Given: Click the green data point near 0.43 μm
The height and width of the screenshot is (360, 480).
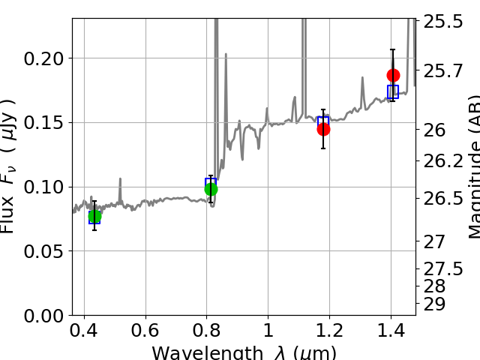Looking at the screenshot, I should pyautogui.click(x=94, y=216).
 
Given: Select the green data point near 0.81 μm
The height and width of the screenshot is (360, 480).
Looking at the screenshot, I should pyautogui.click(x=211, y=189).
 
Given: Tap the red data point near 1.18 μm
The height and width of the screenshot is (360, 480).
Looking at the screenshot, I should pyautogui.click(x=323, y=129).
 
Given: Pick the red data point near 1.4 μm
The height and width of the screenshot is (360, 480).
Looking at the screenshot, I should pyautogui.click(x=393, y=75).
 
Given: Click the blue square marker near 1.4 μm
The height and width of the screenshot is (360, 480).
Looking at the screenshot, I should pyautogui.click(x=393, y=91).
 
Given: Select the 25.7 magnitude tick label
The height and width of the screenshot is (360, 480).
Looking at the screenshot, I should pyautogui.click(x=442, y=71).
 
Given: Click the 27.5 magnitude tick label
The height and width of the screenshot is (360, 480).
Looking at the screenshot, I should pyautogui.click(x=442, y=268).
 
